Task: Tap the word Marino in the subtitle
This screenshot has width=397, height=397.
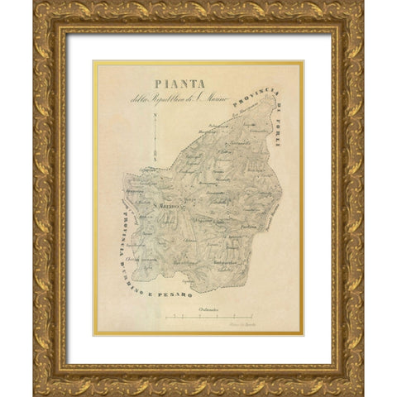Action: point(218,100)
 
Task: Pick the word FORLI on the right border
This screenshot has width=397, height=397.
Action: point(278,134)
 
